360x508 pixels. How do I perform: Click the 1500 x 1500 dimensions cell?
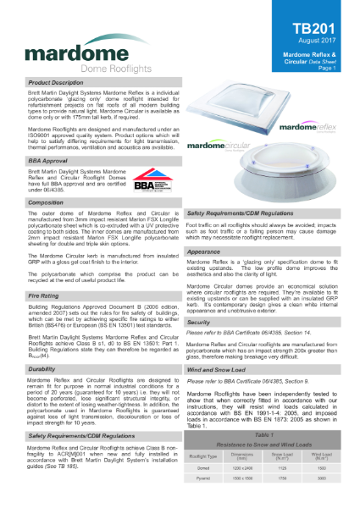point(242,478)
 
